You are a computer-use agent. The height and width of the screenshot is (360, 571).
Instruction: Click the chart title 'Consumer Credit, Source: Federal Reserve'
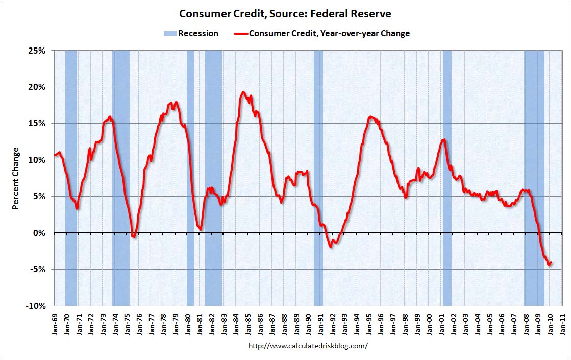(x=285, y=14)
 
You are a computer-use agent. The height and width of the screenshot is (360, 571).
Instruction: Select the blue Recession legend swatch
(x=170, y=34)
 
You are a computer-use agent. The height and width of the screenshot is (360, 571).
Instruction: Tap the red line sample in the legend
(x=241, y=34)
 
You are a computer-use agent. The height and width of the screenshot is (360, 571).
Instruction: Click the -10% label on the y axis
(x=35, y=306)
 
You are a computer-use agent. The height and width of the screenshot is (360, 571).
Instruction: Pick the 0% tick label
(x=39, y=233)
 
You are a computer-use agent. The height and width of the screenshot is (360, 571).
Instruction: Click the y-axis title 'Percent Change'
(x=15, y=179)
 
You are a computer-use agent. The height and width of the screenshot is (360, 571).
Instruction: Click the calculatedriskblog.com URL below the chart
(x=308, y=345)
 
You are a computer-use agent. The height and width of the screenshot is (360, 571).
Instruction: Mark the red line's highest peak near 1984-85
(x=243, y=92)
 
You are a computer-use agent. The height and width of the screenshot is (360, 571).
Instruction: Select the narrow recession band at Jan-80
(x=190, y=178)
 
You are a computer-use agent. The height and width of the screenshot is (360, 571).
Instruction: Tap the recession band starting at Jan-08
(x=534, y=178)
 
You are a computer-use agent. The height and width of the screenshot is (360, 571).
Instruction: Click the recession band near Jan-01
(x=447, y=178)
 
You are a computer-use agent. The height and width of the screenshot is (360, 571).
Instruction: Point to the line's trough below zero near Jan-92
(x=331, y=247)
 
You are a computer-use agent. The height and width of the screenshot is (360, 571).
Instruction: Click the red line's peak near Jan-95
(x=370, y=117)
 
